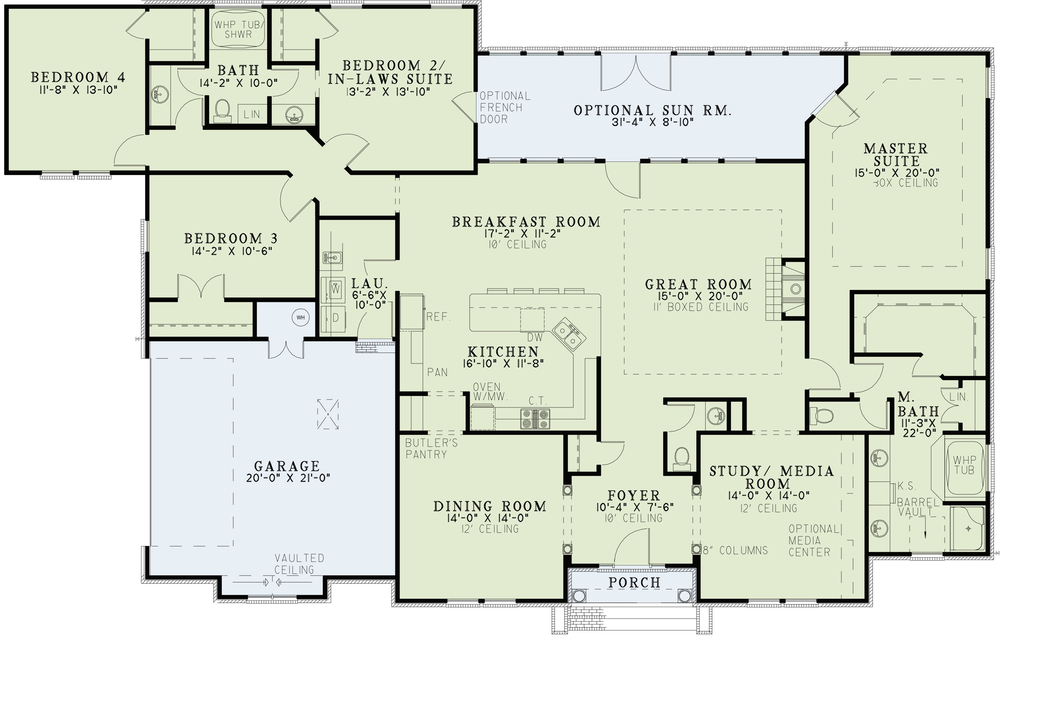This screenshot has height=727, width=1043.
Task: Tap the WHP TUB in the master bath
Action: point(964,466)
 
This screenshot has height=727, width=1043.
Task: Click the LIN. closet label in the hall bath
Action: point(253,114)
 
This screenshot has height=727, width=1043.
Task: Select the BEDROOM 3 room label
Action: point(231,238)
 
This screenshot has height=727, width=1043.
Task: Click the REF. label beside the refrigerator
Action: point(438,317)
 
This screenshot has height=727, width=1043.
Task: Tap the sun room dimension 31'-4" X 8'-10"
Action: point(653,123)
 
